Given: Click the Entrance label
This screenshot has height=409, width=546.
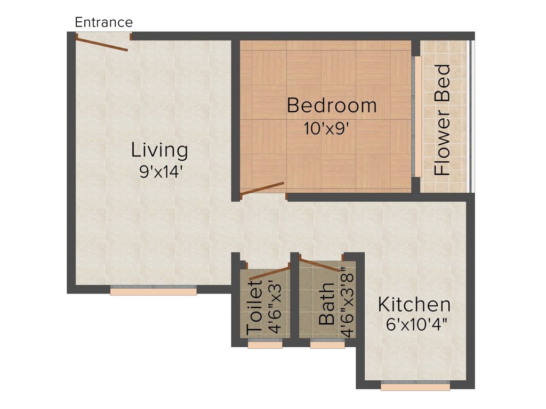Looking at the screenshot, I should click(x=103, y=22).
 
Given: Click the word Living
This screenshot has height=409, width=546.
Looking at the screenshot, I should click(x=159, y=150).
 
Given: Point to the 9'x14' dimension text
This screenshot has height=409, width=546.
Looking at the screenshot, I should click(x=159, y=171).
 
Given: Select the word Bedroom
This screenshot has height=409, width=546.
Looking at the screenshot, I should click(x=331, y=105).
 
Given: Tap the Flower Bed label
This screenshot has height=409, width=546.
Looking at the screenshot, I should click(x=443, y=120).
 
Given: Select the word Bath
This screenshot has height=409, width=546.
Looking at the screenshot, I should click(x=326, y=310).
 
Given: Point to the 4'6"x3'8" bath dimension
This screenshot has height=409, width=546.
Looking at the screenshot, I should click(x=347, y=301).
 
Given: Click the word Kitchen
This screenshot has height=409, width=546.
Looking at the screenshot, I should click(x=414, y=305).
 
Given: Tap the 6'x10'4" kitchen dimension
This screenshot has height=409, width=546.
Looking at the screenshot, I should click(x=416, y=324).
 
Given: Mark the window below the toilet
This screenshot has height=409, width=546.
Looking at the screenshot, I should click(x=265, y=345).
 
